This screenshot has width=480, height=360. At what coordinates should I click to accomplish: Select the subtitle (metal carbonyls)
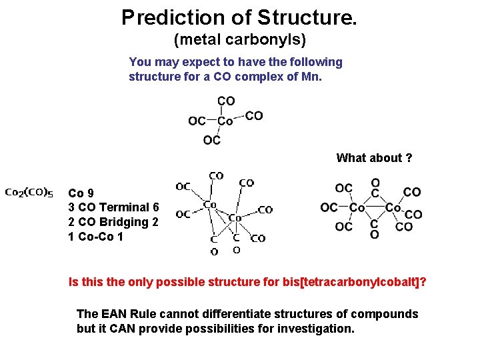point(239,40)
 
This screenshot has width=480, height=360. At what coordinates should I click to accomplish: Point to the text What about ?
point(374,158)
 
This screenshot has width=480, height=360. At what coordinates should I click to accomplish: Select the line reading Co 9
point(81,193)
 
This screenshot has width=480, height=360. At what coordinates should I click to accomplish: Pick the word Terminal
point(124,208)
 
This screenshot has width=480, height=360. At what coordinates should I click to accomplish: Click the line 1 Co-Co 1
point(96,237)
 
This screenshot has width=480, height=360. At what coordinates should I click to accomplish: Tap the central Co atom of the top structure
point(225,121)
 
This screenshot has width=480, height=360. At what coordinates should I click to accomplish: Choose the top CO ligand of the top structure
point(226,101)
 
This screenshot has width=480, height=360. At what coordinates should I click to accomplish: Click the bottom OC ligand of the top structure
point(211,140)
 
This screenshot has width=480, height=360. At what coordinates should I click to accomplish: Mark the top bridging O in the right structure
point(375,183)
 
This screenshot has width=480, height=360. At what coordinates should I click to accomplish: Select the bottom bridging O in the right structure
point(375,235)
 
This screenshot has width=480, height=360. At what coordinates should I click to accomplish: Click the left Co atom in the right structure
point(357,208)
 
